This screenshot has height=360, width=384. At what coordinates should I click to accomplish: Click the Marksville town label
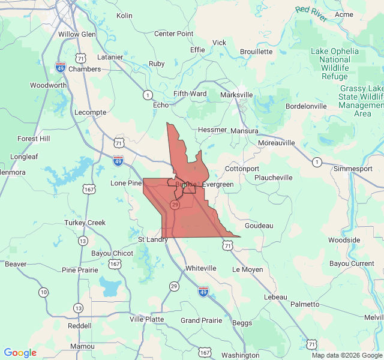pyautogui.click(x=236, y=95)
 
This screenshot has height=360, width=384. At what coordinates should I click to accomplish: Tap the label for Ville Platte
pyautogui.click(x=146, y=319)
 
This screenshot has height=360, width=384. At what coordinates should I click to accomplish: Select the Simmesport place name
pyautogui.click(x=353, y=169)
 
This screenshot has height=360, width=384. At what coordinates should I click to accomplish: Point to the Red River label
pyautogui.click(x=311, y=14)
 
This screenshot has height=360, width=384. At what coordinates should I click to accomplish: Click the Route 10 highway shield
pyautogui.click(x=43, y=292)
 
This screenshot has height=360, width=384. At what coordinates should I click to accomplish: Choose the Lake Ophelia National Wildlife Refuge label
pyautogui.click(x=335, y=64)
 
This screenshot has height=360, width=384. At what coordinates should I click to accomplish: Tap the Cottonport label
pyautogui.click(x=242, y=169)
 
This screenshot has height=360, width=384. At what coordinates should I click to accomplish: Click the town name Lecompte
pyautogui.click(x=90, y=112)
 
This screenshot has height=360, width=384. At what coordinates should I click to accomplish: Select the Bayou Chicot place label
pyautogui.click(x=112, y=253)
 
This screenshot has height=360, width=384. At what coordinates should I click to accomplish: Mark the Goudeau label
pyautogui.click(x=259, y=226)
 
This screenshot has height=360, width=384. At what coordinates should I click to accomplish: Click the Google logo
pyautogui.click(x=20, y=353)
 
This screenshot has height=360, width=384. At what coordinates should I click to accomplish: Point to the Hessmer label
pyautogui.click(x=212, y=130)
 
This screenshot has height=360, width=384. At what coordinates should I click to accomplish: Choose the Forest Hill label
pyautogui.click(x=34, y=139)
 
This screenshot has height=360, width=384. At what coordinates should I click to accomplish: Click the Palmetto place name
pyautogui.click(x=305, y=304)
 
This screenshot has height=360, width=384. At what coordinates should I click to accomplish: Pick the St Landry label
pyautogui.click(x=153, y=240)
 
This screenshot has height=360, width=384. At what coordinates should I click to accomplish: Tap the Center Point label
pyautogui.click(x=174, y=34)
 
